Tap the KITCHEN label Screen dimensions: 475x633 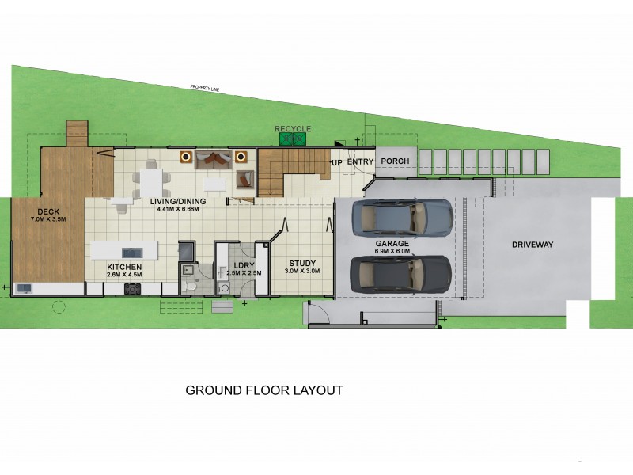click(124, 268)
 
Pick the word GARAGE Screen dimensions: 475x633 click(392, 244)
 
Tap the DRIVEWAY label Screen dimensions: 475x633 click(532, 245)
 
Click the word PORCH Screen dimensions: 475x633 click(395, 161)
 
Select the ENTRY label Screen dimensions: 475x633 click(360, 161)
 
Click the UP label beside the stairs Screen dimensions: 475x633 click(336, 162)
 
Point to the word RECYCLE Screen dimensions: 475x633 click(293, 128)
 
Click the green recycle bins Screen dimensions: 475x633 click(293, 139)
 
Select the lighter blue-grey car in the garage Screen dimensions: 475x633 click(402, 214)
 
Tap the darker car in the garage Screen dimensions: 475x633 click(401, 273)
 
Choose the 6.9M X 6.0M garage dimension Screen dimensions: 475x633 click(392, 251)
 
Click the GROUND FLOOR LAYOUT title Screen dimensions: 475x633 click(263, 390)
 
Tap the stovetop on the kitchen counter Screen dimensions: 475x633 click(132, 288)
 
